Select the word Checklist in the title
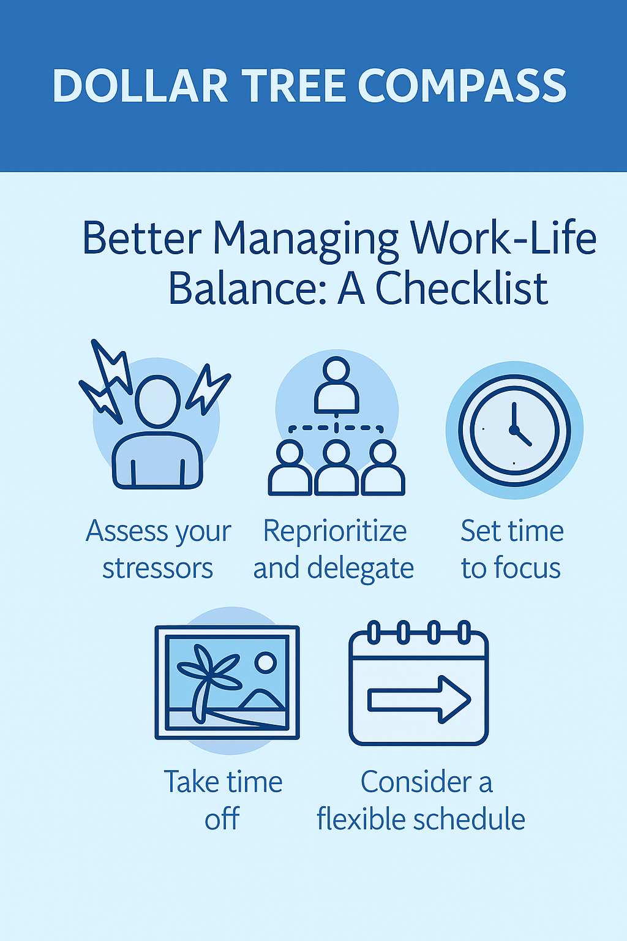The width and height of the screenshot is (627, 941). point(462,288)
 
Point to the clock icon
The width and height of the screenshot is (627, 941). point(514,430)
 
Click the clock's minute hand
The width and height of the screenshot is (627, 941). point(514,416)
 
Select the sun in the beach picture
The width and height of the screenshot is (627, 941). point(265,662)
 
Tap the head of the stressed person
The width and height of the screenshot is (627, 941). point(157,402)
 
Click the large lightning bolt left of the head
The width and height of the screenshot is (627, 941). point(107,380)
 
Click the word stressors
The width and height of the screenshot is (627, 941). point(158,569)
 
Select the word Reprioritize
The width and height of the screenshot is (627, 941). point(335,531)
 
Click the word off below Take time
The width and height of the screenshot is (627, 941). point(222,818)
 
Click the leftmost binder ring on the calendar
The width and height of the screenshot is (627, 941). point(374,632)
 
